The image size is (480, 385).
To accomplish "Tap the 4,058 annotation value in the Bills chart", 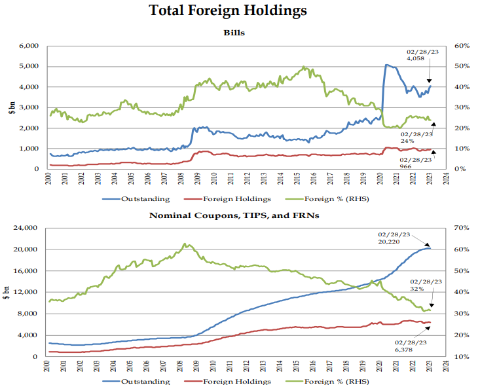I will (x=416, y=58).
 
